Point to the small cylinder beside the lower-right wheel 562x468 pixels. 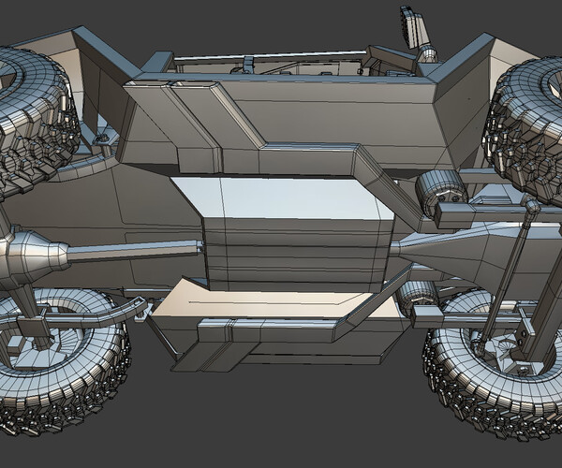point(418,298)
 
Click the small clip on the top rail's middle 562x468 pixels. point(248,64)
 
